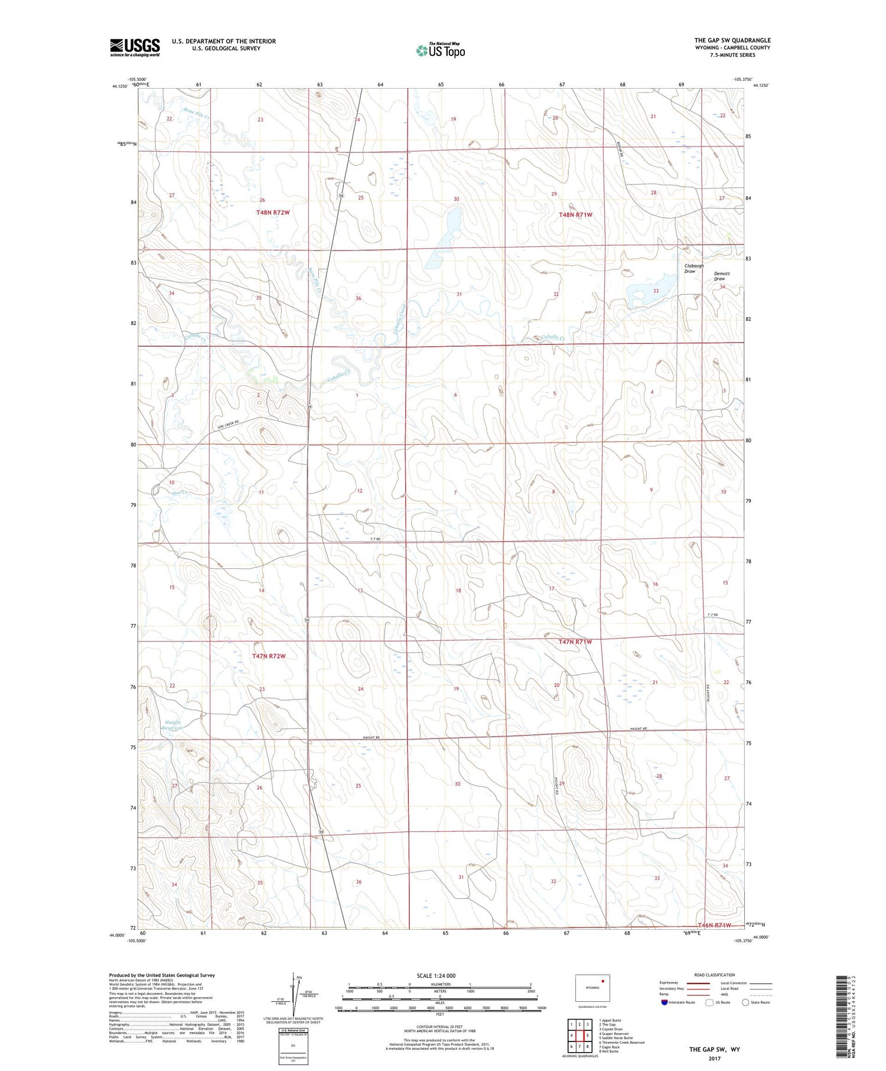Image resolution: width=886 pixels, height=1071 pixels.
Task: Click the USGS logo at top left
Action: pyautogui.click(x=134, y=47)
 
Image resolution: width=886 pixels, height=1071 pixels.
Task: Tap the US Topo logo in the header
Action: pyautogui.click(x=440, y=50)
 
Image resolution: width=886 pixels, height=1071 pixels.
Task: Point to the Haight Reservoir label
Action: pyautogui.click(x=172, y=725)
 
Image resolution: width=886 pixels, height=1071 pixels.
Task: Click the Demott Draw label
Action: pyautogui.click(x=722, y=276)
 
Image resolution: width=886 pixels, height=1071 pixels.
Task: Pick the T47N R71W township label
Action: pyautogui.click(x=575, y=642)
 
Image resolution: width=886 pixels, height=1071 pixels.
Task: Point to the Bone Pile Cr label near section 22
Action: pyautogui.click(x=197, y=113)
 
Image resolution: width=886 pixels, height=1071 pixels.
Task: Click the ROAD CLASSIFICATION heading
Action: pyautogui.click(x=715, y=975)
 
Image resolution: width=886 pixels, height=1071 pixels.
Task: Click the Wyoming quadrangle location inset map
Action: pyautogui.click(x=592, y=988)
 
